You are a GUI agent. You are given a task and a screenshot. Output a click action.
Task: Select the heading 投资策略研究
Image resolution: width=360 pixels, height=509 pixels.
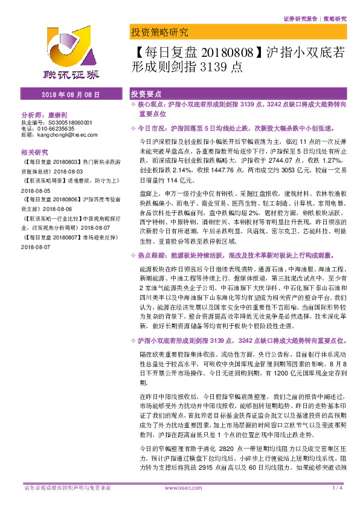[159, 32]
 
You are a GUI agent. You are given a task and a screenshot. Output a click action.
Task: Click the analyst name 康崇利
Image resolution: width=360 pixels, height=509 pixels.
[59, 114]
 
